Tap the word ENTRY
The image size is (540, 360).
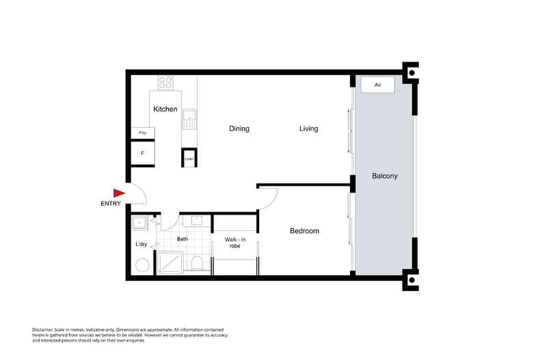pos(111,204)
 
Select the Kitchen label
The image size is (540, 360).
pos(165,109)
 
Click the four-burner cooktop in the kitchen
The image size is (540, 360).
pos(165,82)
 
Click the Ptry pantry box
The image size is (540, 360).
pos(143,133)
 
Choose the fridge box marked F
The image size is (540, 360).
pos(143,153)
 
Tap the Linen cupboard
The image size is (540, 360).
pos(189,158)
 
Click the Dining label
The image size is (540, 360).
pos(239,128)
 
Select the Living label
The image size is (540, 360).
pos(308,128)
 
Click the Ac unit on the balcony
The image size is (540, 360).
pos(377,85)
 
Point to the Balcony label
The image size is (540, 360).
pos(384,176)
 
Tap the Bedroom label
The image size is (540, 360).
pos(304,231)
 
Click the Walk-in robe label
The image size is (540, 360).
pos(236,242)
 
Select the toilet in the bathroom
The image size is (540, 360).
pos(197,264)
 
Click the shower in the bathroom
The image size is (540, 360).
pos(171,262)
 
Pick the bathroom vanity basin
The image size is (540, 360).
pos(196,221)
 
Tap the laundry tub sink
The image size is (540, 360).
pos(139,222)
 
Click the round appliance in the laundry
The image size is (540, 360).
pos(141,265)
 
